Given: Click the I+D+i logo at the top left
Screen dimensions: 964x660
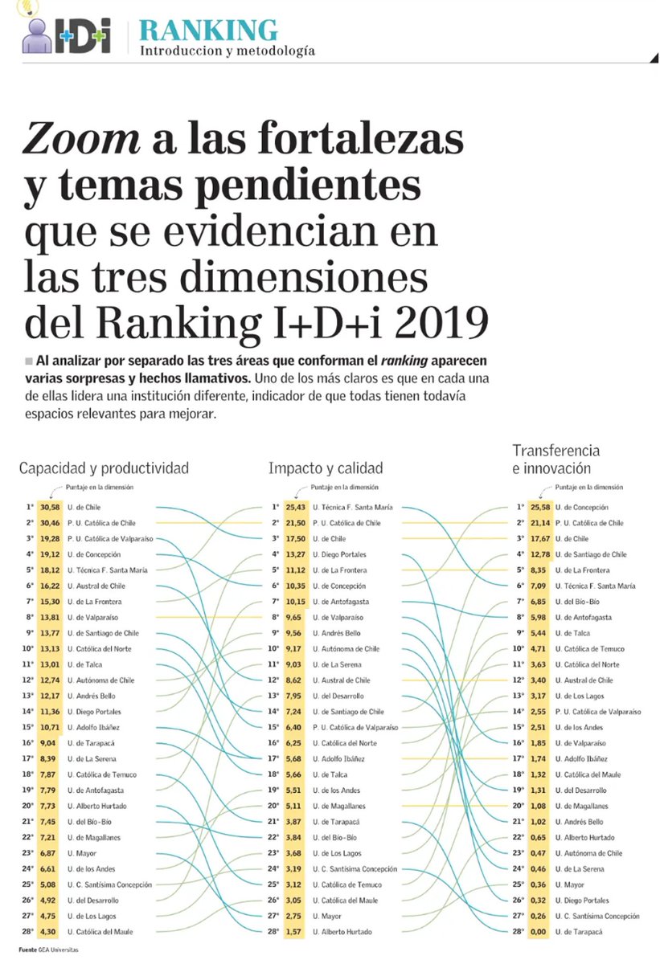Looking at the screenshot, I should click(66, 34).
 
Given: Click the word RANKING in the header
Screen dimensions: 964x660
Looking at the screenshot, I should click(208, 30).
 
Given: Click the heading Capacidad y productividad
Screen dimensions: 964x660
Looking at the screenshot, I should click(104, 468).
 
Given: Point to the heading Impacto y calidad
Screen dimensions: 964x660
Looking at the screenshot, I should click(326, 468).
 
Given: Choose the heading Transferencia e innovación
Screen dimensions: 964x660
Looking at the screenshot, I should click(555, 459).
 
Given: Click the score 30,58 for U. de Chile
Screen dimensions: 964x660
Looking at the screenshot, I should click(49, 508).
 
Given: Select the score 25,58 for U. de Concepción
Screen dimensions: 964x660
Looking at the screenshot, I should click(539, 508).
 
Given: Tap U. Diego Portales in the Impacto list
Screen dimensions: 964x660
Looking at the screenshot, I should click(339, 555).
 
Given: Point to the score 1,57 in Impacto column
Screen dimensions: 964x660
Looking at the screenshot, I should click(296, 932).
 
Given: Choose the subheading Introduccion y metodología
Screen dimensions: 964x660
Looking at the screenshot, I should click(228, 51).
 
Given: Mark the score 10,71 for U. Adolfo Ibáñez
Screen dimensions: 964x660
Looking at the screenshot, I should click(49, 728).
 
